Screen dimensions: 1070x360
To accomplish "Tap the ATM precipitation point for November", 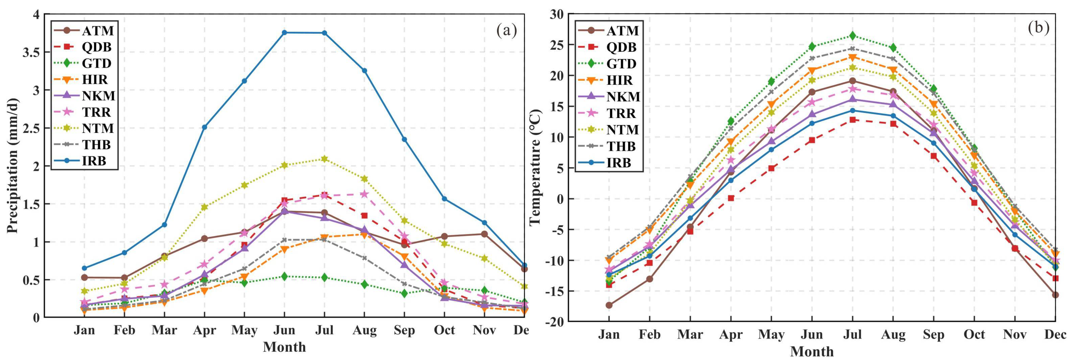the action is [484, 234].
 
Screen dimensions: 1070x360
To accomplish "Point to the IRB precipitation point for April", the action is [204, 127].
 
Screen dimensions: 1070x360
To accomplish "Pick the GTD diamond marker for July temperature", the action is [852, 35].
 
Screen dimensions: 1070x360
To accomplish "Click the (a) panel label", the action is [507, 30].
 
